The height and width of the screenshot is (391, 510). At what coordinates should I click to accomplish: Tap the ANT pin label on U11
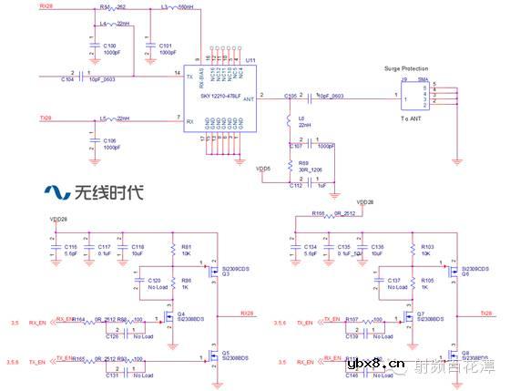tap(247, 101)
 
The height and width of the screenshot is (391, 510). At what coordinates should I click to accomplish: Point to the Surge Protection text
tap(406, 68)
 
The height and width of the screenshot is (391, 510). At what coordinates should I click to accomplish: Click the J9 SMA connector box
tap(411, 95)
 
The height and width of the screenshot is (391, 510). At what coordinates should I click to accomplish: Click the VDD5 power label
tap(263, 168)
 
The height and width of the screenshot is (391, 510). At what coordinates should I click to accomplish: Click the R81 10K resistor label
tap(186, 250)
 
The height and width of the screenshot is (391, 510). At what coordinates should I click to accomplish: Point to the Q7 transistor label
tap(420, 315)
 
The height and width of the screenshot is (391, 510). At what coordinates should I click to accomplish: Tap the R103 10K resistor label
tap(427, 250)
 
